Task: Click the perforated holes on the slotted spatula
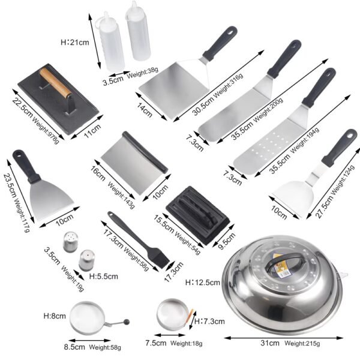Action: click(x=269, y=143)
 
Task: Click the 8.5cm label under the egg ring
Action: click(x=74, y=346)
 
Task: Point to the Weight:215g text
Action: click(x=303, y=344)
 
